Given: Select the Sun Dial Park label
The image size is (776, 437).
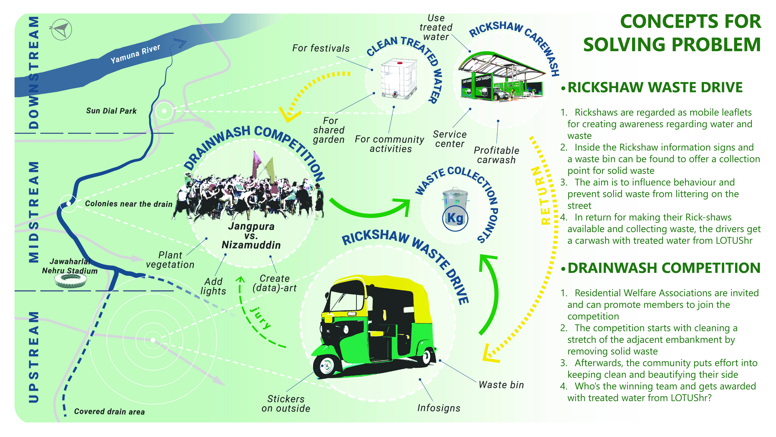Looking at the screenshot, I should [111, 111].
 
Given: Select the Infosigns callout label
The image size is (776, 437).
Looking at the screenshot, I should [439, 408].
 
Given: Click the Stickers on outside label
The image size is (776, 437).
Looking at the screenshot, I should [286, 403].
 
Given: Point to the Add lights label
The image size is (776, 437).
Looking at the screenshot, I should [213, 286].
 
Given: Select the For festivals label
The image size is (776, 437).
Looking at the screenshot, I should [321, 48].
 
